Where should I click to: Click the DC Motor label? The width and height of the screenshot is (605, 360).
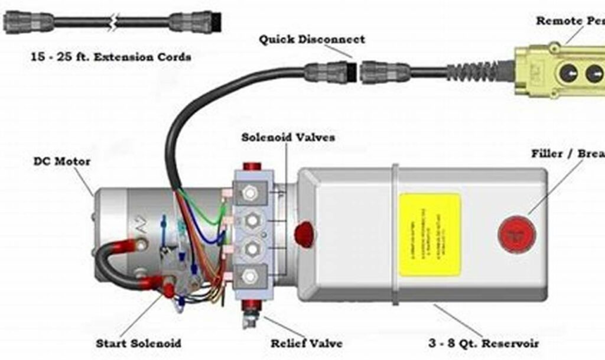tap(61, 161)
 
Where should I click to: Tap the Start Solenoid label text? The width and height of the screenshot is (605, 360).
tap(138, 343)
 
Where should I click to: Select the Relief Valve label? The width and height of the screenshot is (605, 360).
tap(306, 343)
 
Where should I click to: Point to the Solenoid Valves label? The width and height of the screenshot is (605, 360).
tap(288, 137)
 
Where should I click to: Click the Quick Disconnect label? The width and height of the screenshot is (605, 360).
tap(311, 40)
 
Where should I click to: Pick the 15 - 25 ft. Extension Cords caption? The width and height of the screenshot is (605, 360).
tap(111, 57)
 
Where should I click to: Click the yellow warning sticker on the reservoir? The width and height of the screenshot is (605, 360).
tap(430, 234)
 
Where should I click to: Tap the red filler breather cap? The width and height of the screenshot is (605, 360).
tap(516, 235)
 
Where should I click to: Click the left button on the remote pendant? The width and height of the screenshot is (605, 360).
tap(568, 73)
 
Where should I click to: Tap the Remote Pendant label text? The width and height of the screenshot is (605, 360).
tap(570, 21)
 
